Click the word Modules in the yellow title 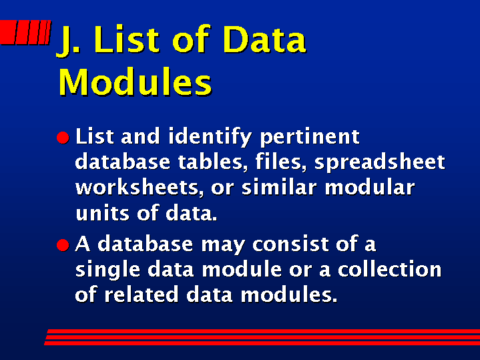point(135,81)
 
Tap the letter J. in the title point(67,41)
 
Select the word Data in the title point(264,39)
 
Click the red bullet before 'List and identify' point(63,138)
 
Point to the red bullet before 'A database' point(63,245)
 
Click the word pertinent point(310,138)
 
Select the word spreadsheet point(380,162)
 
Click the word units point(102,212)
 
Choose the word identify point(210,138)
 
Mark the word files point(280,162)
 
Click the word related point(141,294)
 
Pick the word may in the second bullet point(223,246)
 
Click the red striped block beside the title point(25,32)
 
